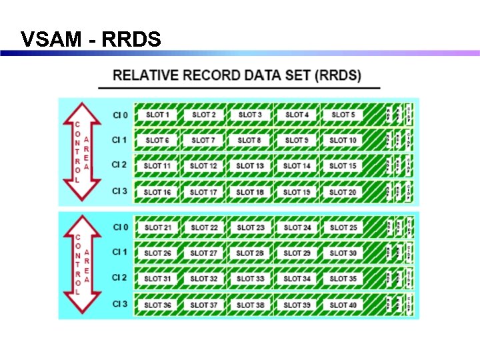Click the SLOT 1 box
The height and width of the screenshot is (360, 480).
click(x=157, y=115)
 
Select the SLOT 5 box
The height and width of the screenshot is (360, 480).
click(x=343, y=115)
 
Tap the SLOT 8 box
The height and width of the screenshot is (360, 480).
click(x=249, y=141)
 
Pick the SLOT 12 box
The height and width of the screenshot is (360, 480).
click(x=203, y=166)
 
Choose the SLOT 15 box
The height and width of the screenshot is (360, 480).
click(x=343, y=166)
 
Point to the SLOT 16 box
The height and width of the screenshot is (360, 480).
click(x=157, y=192)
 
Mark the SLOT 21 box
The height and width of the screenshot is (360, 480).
click(x=157, y=227)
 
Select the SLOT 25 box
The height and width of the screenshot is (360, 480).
click(x=343, y=227)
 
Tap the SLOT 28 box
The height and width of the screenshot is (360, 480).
click(x=250, y=253)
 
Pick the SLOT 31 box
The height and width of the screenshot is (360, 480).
click(x=157, y=279)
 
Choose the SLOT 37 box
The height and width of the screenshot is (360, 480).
click(x=203, y=305)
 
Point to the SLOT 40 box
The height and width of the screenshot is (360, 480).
click(x=343, y=305)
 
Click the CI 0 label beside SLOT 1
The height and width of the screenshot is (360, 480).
click(x=120, y=115)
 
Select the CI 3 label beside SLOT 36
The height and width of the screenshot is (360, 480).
click(x=120, y=304)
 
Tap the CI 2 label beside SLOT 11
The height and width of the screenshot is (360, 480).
click(x=120, y=165)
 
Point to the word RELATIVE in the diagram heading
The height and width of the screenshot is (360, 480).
click(x=147, y=75)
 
